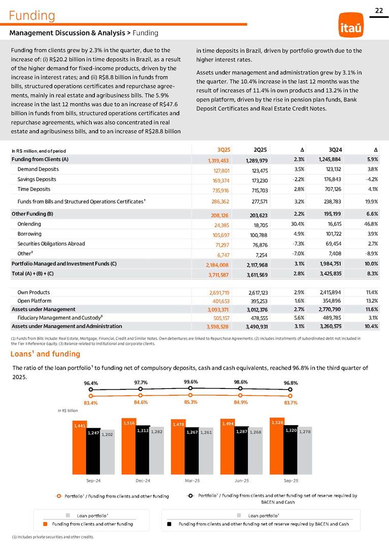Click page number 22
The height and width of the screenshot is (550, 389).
378,11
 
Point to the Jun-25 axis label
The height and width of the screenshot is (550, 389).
241,480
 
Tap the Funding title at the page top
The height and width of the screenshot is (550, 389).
31,16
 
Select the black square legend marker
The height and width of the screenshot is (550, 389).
170,524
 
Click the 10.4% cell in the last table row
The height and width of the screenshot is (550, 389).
371,326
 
